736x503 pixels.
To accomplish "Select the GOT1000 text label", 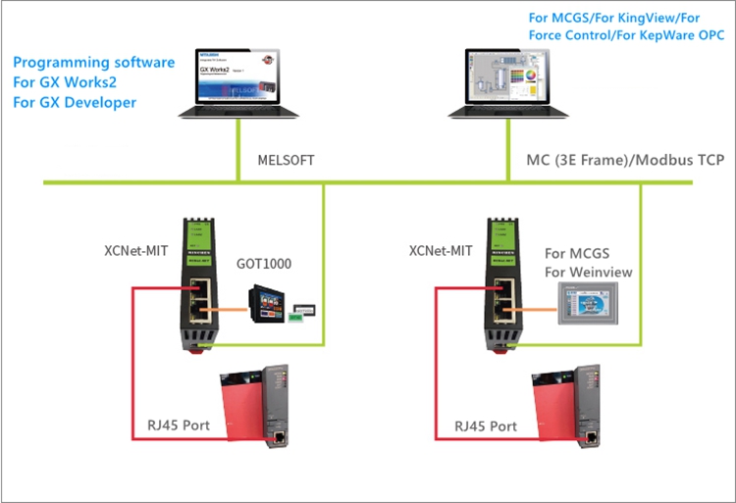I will coord(264,265).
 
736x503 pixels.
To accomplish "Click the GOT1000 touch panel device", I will coord(268,301).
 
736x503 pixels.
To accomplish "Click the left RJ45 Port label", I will coord(184,427).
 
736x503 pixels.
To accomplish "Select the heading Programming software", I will coord(94,63).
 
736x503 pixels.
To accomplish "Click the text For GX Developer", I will coord(76,102).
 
